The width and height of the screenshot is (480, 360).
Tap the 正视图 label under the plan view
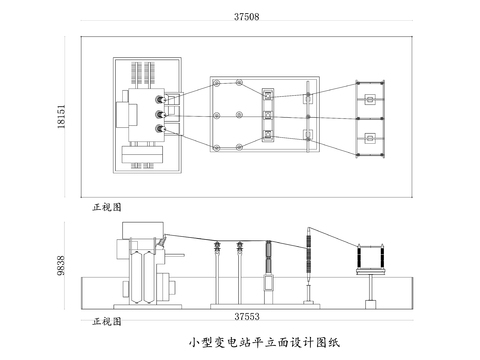point(106,207)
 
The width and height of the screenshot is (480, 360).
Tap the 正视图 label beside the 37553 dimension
point(106,321)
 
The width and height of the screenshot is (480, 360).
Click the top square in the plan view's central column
point(268,95)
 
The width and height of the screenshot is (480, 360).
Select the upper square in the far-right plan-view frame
point(370,100)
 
